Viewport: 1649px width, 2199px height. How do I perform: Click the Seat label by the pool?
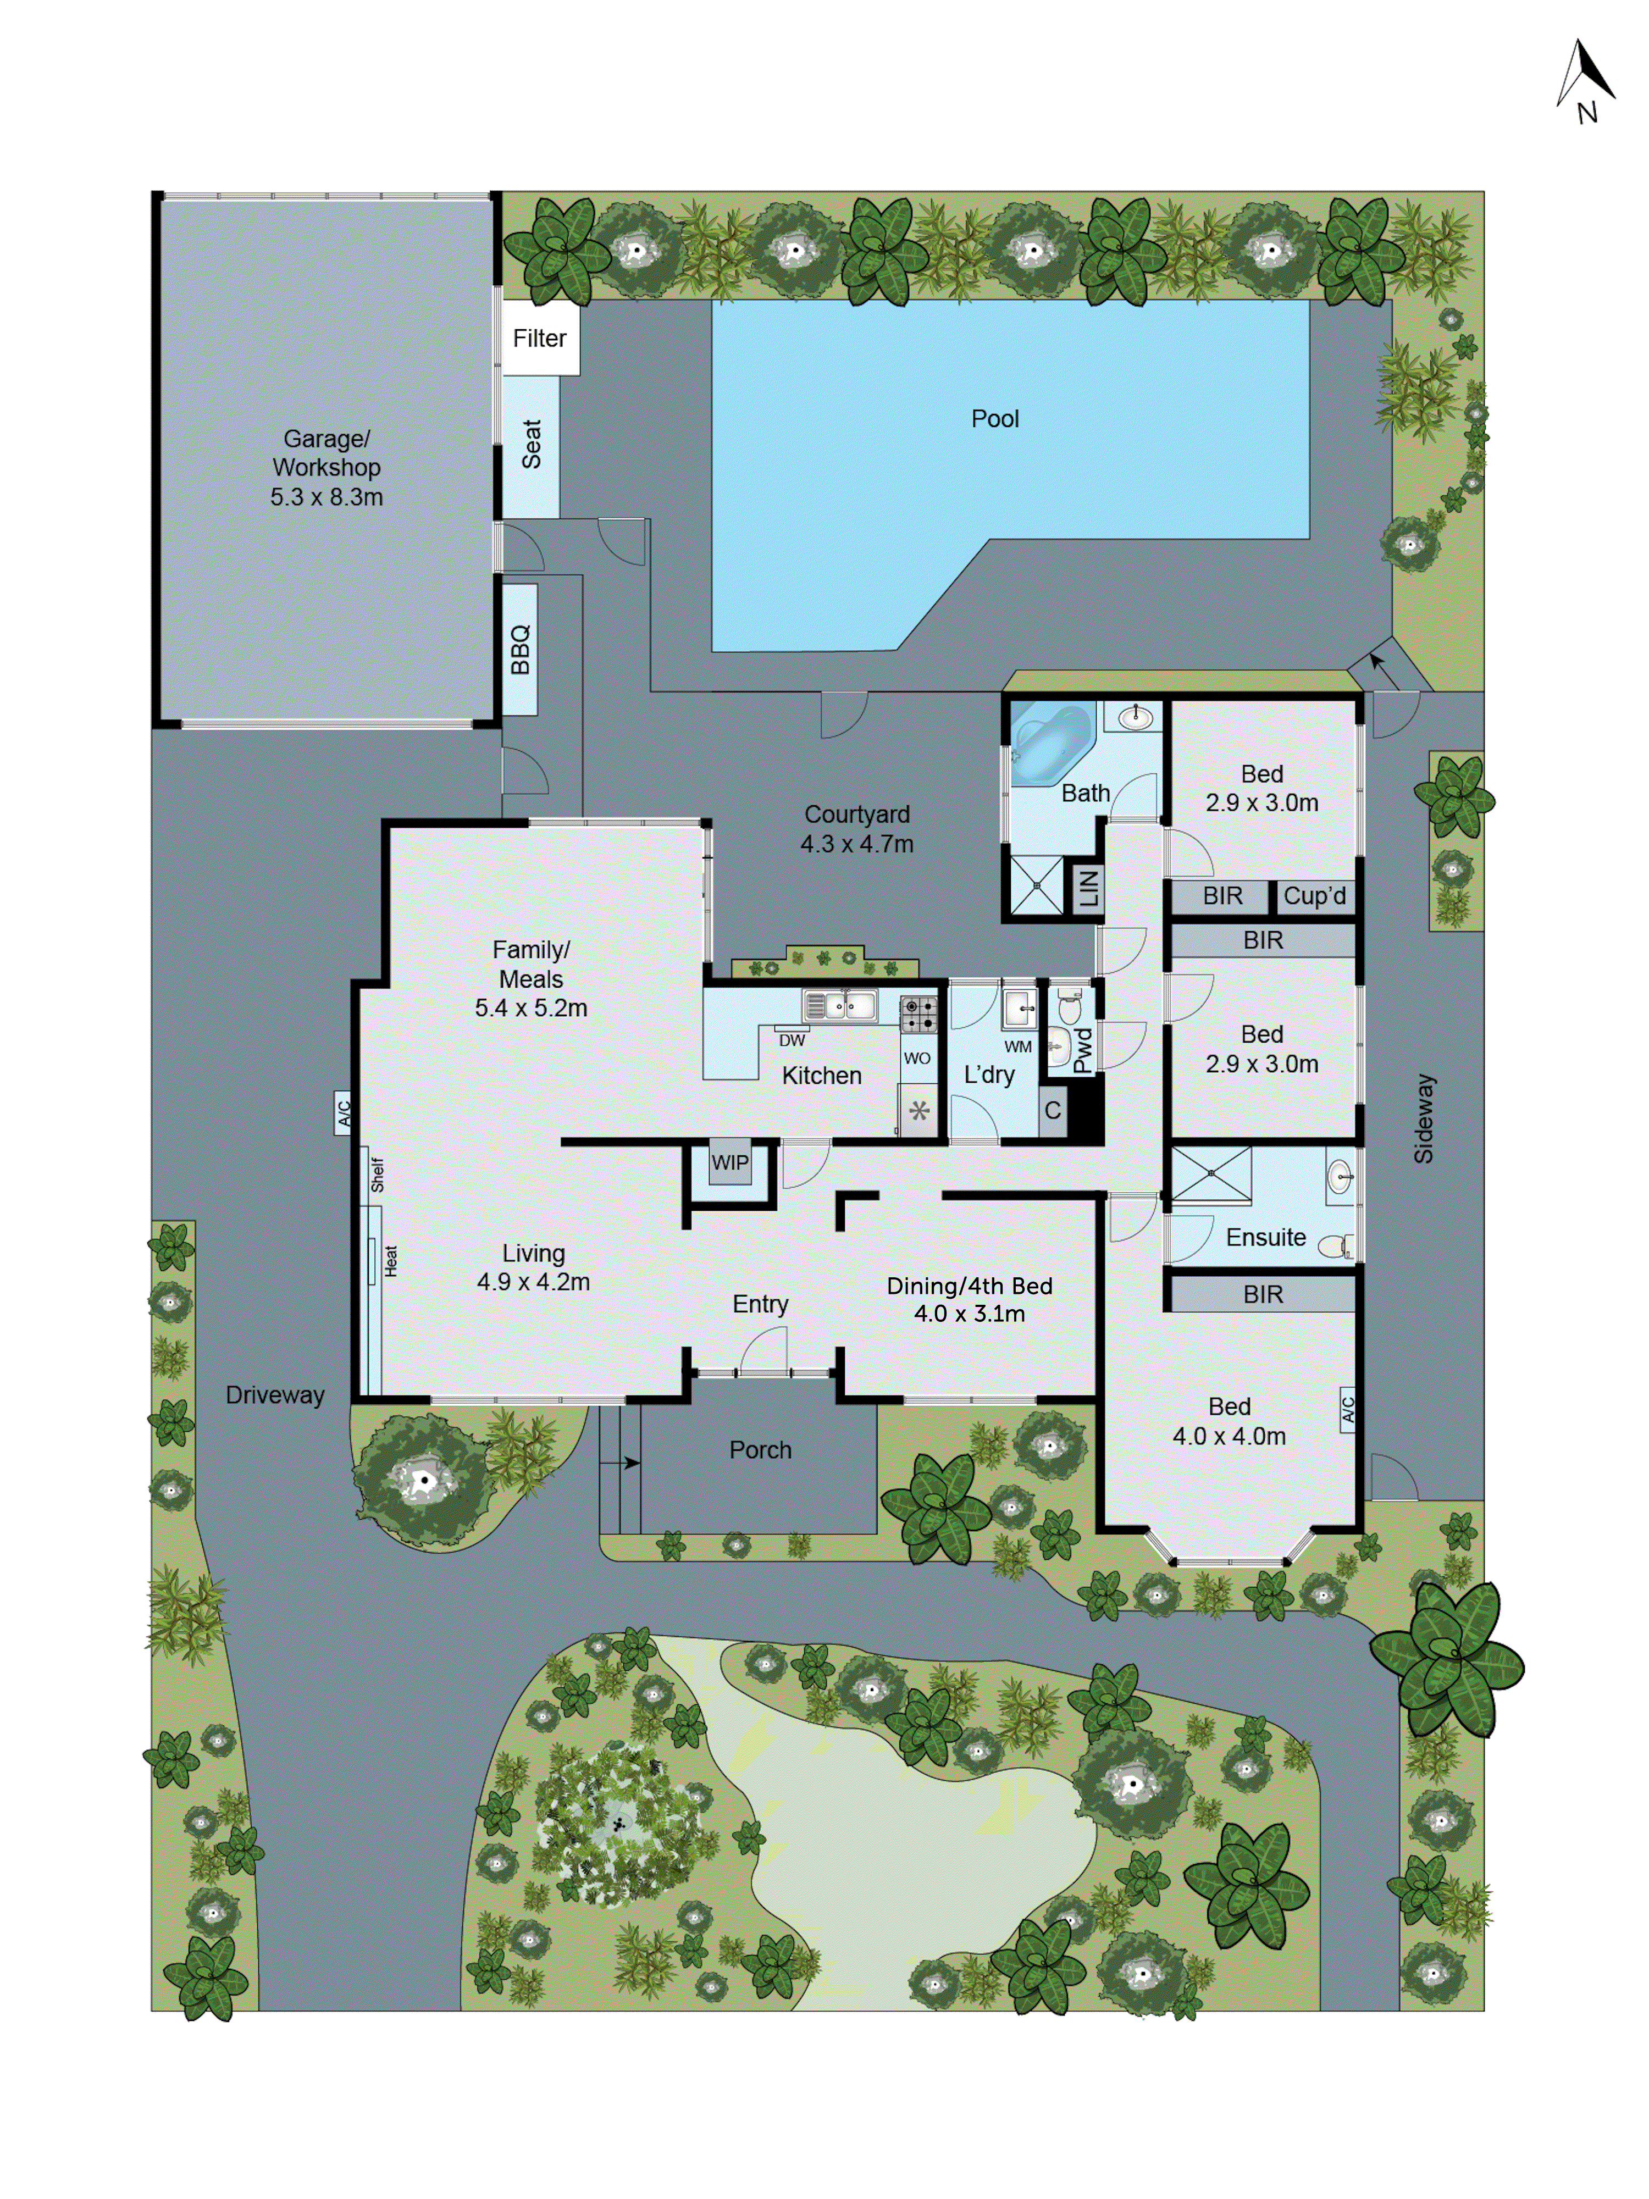pyautogui.click(x=531, y=445)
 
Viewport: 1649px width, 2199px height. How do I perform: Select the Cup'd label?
pyautogui.click(x=1314, y=896)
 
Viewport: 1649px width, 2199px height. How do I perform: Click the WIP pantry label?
pyautogui.click(x=729, y=1162)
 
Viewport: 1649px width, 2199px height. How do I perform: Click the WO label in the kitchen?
pyautogui.click(x=916, y=1059)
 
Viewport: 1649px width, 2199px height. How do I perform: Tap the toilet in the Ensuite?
pyautogui.click(x=1336, y=1245)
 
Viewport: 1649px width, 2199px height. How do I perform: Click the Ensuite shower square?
pyautogui.click(x=1211, y=1174)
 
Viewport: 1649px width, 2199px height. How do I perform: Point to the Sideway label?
pyautogui.click(x=1424, y=1118)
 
